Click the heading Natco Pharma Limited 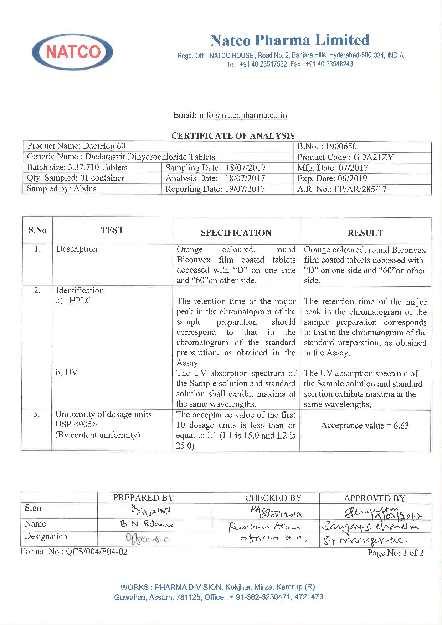290,40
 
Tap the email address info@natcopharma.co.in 243,115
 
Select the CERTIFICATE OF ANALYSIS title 233,136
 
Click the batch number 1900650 341,147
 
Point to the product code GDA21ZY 373,157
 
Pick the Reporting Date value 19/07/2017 245,189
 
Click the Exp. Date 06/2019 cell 332,178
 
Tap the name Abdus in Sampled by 85,189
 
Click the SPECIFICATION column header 236,233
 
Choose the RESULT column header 365,233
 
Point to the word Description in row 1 77,249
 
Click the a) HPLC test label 74,301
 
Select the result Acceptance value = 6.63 365,425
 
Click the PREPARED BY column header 143,498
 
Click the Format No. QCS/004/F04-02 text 74,552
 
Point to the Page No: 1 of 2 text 396,553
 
